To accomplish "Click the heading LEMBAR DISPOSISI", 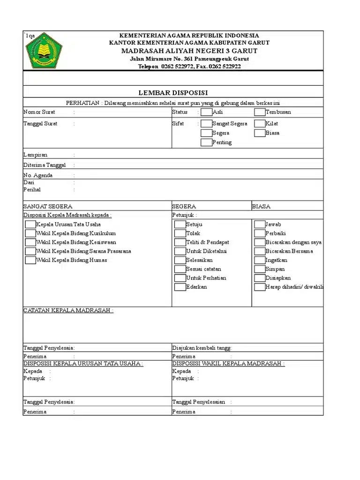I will click(173, 92).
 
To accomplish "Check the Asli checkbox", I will click(206, 112).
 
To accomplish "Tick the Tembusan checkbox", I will click(260, 112).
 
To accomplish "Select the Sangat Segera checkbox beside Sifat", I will click(206, 124).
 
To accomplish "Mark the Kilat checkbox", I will click(260, 124).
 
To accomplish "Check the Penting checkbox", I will click(206, 142).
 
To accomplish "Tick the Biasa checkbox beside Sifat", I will click(260, 133).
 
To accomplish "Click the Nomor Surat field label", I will click(39, 112).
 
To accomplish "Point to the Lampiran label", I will click(36, 155).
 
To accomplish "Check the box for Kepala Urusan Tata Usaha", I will click(30, 225).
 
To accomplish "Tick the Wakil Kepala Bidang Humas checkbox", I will click(30, 260).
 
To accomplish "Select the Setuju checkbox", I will click(180, 225).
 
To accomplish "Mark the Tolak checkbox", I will click(180, 233).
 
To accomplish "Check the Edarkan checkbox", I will click(180, 287).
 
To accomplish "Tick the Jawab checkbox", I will click(260, 225).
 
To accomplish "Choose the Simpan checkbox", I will click(260, 269).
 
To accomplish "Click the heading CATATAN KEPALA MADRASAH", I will click(68, 310).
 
